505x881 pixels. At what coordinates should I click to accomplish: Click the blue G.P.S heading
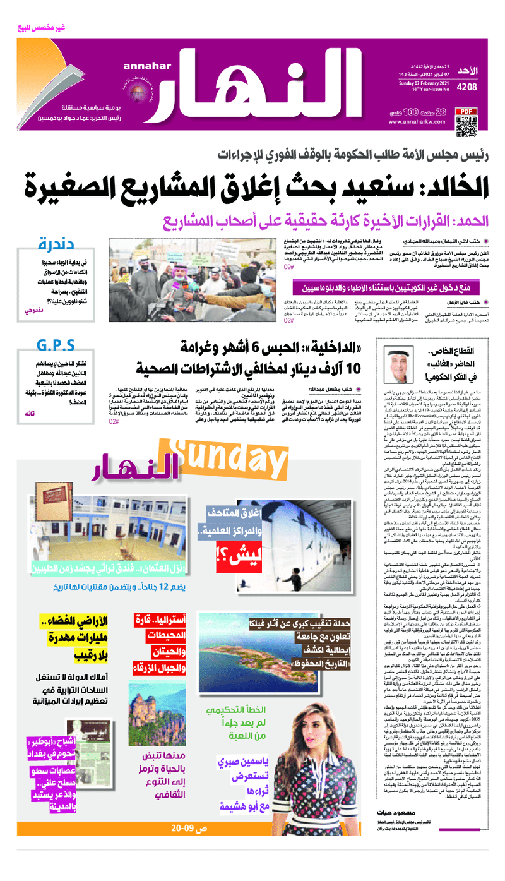tap(57, 345)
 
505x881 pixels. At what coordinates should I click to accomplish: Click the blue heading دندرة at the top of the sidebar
tap(57, 244)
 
